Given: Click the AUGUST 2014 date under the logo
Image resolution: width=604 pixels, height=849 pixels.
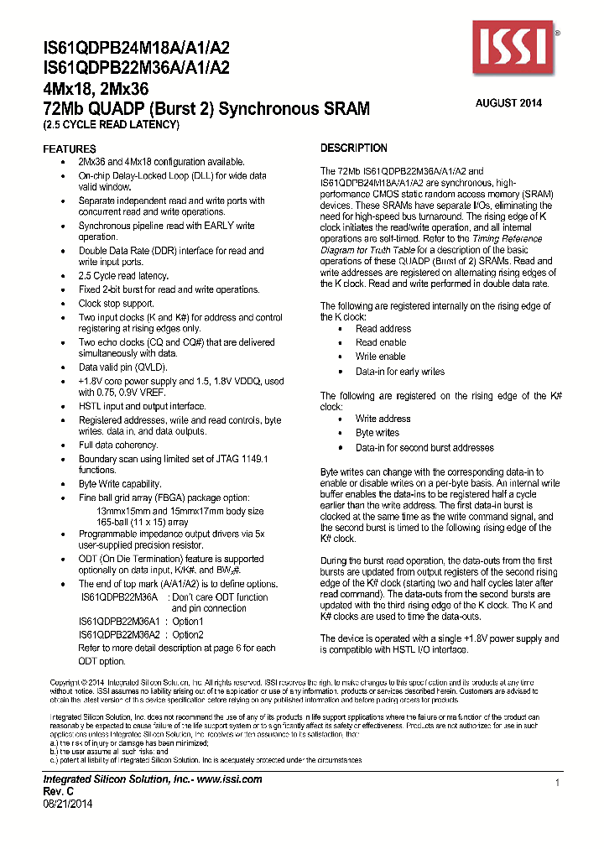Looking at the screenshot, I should [508, 103].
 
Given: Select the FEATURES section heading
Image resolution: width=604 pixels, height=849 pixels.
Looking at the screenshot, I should [70, 148].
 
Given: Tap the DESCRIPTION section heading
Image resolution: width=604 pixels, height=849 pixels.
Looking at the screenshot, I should [354, 148].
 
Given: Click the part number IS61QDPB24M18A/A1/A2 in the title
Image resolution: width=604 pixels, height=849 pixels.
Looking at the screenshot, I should [135, 50].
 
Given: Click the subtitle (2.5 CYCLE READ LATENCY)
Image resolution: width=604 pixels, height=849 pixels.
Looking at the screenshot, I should [112, 124].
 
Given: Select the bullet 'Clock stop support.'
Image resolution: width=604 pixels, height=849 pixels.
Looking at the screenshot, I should [116, 304].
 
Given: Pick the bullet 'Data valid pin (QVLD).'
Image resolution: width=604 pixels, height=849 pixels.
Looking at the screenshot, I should [122, 367].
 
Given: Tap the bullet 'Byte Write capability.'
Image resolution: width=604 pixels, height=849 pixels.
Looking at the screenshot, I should [119, 484].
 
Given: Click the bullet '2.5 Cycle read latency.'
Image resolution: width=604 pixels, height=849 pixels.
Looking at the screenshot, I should [123, 276].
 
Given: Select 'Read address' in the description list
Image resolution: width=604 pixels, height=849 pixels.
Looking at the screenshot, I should [383, 329].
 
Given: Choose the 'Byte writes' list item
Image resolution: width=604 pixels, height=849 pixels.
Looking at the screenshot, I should [377, 433].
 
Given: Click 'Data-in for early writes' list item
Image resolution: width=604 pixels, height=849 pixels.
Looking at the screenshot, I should [399, 372].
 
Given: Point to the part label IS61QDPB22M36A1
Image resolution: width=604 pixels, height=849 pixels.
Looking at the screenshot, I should [120, 622].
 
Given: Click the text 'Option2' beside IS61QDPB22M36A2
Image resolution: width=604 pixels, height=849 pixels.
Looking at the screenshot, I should [188, 635].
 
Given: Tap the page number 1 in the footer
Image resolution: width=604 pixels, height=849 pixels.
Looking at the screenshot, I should [557, 783].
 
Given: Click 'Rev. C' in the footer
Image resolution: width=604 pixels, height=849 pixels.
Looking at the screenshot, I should [60, 791].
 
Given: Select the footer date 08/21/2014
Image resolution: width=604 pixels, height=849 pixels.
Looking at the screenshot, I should [67, 803].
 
